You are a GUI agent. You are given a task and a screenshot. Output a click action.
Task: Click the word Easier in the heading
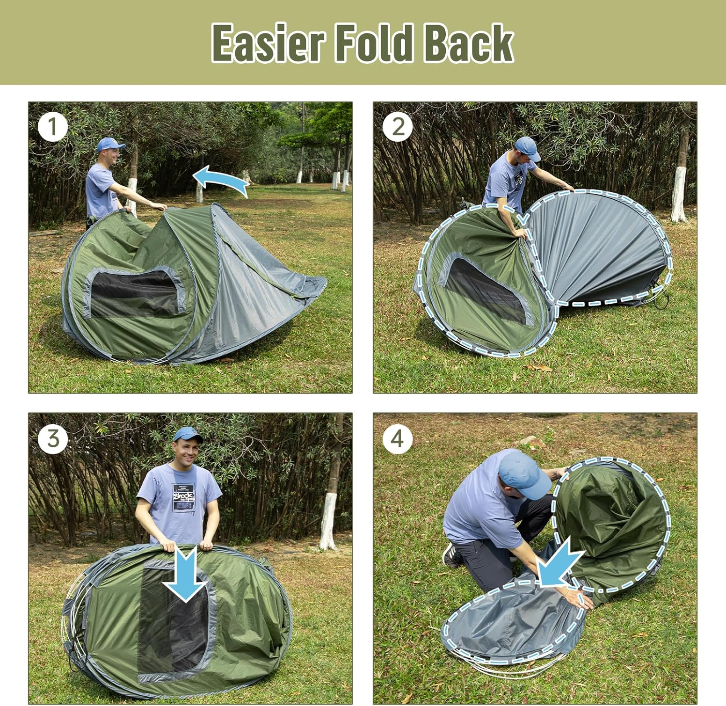point(268,43)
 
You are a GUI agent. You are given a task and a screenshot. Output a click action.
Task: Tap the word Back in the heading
point(468,43)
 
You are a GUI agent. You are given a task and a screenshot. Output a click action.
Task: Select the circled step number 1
point(52,127)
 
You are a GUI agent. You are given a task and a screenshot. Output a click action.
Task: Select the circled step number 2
point(398,127)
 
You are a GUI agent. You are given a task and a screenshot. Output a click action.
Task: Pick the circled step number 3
point(52,439)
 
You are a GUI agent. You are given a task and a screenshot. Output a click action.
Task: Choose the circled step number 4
point(397,439)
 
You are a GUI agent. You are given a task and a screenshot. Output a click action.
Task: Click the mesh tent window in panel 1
point(134,293)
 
